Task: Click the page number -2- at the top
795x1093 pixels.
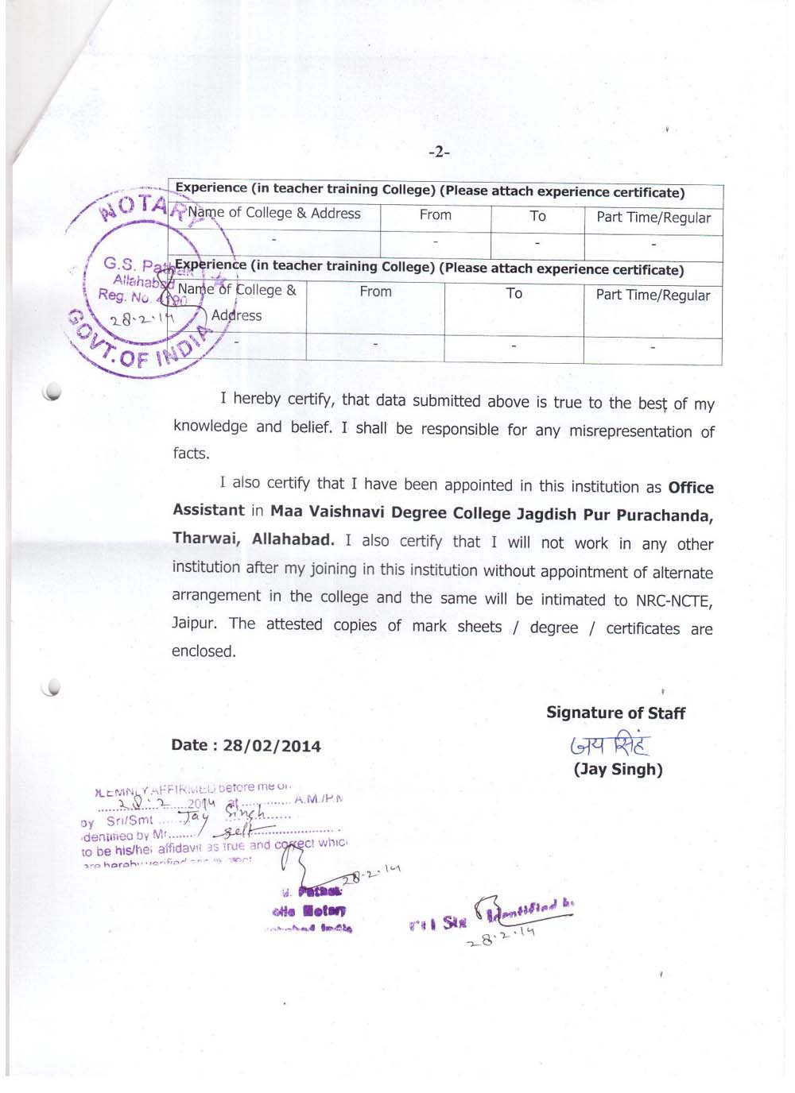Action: point(439,152)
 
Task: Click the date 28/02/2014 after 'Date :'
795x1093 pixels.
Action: point(272,746)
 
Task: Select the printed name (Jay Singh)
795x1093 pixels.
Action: point(618,769)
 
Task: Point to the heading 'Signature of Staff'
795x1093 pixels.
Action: point(615,713)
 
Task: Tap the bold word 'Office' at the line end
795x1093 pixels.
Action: point(691,488)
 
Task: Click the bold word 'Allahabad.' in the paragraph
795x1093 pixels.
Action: point(293,539)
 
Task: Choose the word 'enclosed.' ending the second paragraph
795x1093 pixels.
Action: point(204,651)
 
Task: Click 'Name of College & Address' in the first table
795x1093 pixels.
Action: point(274,213)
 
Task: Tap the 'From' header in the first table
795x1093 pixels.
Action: point(436,214)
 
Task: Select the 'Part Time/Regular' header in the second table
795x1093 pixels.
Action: point(653,295)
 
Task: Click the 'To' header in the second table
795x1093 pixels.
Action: point(514,293)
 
